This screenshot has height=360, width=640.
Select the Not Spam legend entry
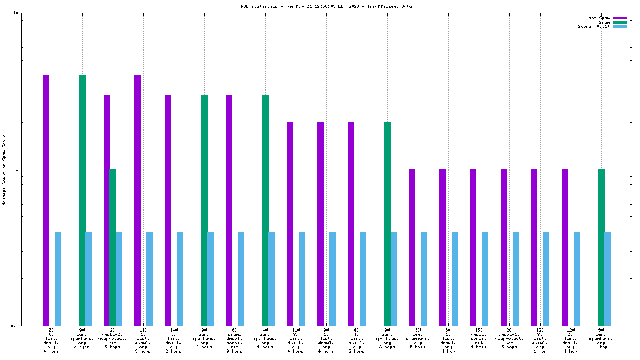pos(599,18)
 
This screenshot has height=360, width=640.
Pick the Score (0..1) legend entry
pos(594,26)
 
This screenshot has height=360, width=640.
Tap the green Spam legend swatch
pos(619,22)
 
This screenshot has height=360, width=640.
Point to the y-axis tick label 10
pos(15,13)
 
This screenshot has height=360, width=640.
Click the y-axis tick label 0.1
pos(14,326)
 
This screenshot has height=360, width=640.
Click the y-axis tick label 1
pos(17,169)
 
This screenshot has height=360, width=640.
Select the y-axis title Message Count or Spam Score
pos(5,169)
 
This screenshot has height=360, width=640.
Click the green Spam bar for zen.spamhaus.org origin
pos(82,200)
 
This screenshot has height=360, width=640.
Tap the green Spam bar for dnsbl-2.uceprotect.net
pos(113,247)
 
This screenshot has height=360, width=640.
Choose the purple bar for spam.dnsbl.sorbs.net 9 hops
pos(229,210)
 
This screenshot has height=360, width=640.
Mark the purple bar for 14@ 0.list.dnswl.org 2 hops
pos(168,210)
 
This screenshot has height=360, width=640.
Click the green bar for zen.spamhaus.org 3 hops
pos(387,224)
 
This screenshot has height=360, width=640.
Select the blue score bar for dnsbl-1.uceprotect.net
pos(516,278)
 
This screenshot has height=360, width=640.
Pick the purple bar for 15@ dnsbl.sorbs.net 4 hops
pos(473,247)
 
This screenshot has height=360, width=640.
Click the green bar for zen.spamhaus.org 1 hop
pos(601,247)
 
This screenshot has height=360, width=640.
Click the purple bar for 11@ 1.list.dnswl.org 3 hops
pos(137,200)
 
